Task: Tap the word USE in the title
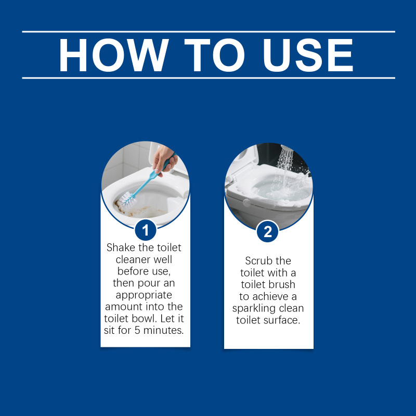[x=308, y=55]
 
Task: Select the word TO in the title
[x=214, y=55]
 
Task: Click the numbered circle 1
[x=146, y=230]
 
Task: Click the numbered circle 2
[x=268, y=231]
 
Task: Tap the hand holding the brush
[x=164, y=159]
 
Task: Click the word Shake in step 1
[x=121, y=248]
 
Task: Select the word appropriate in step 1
[x=144, y=295]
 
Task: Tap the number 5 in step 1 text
[x=137, y=330]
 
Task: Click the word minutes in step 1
[x=163, y=330]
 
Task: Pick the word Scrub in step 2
[x=257, y=261]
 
